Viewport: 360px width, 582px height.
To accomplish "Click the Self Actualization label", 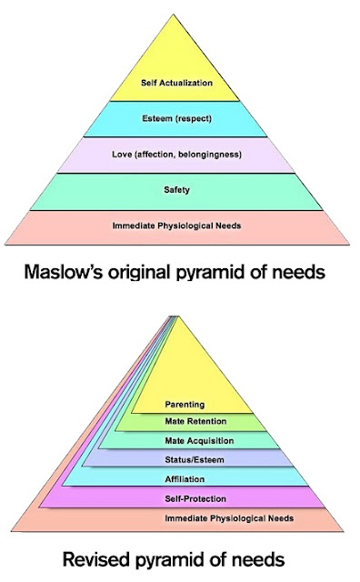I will point(176,83).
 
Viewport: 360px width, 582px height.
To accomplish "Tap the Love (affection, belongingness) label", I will point(176,155).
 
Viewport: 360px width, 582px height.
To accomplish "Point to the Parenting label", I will point(184,404).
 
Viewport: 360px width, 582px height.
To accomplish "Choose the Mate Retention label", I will point(195,421).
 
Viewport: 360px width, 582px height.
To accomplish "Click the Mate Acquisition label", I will point(201,441).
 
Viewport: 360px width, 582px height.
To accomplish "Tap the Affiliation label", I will point(186,478).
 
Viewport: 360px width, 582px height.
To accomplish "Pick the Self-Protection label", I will point(196,498).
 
